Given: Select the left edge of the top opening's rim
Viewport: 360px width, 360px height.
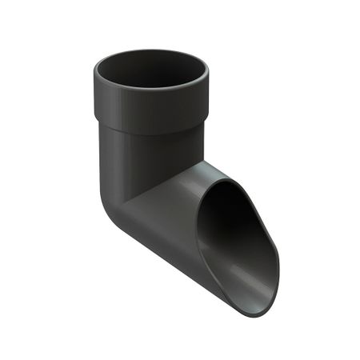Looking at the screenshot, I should pyautogui.click(x=95, y=74).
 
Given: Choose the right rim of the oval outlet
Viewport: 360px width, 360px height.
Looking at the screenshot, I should pyautogui.click(x=277, y=256).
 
